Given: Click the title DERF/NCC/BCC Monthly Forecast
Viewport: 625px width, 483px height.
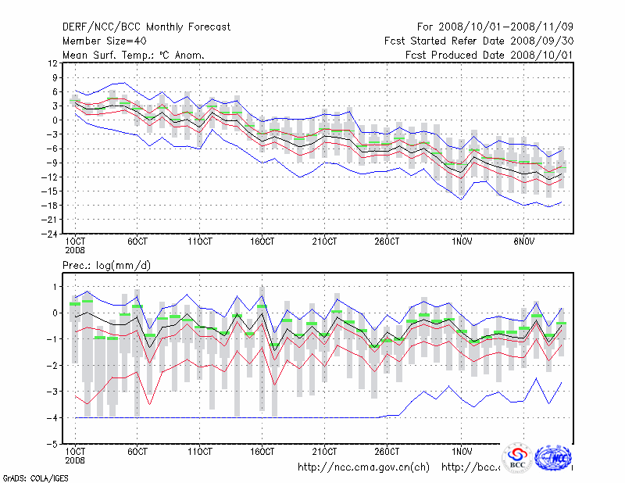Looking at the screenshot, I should coord(146,27).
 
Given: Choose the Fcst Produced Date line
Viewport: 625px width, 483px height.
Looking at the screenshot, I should coord(490,55).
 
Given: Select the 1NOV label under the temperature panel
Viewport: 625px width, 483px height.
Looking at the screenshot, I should coord(462,241).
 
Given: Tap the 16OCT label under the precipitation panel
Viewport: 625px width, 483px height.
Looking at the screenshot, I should coord(262,452).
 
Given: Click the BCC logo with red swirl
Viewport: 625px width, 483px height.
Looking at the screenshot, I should coord(516,457).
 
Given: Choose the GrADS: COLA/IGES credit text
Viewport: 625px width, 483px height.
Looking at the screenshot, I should coord(26,477).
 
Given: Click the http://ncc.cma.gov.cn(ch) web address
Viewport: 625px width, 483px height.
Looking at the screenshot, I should coord(363,467).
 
